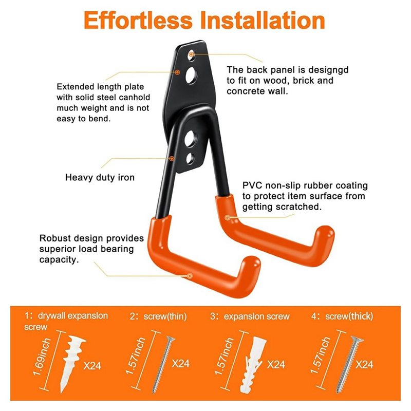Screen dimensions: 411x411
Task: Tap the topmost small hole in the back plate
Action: tap(191, 53)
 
